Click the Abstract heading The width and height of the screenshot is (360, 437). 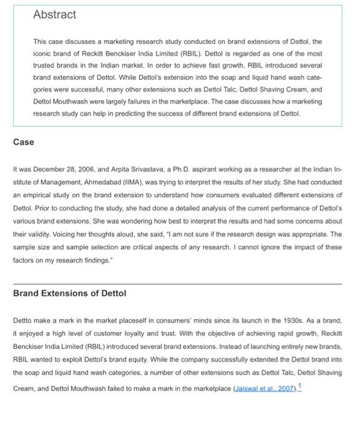(54, 15)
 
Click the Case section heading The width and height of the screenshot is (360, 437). (24, 142)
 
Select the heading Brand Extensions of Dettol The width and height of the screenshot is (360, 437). (70, 293)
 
